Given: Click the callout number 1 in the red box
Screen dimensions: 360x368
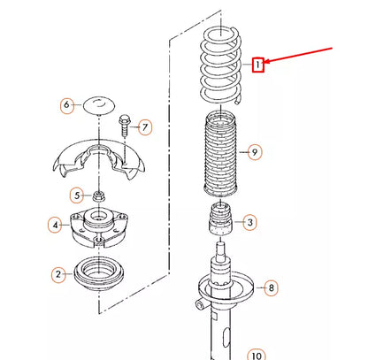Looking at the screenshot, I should pyautogui.click(x=257, y=64).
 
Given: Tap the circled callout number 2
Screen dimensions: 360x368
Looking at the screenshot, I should pyautogui.click(x=58, y=274).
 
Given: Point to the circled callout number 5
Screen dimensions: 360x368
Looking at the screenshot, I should pyautogui.click(x=77, y=195).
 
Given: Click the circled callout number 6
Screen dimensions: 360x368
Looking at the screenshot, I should pyautogui.click(x=65, y=106).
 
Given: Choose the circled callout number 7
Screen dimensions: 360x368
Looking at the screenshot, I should pyautogui.click(x=146, y=127).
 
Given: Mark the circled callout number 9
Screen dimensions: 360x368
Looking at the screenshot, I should pyautogui.click(x=254, y=153).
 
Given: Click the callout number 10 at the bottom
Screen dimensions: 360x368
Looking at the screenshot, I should pyautogui.click(x=257, y=356).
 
